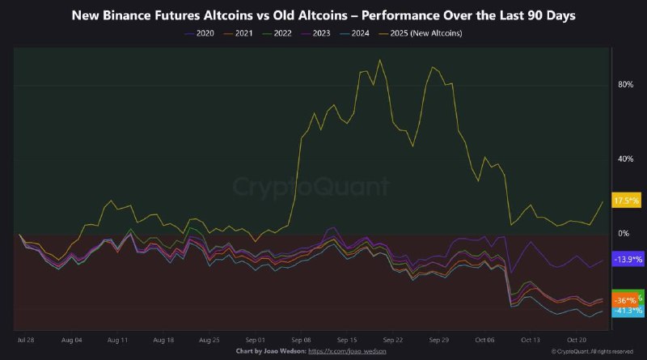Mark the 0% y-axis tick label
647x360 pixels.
[624, 234]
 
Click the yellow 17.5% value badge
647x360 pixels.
[628, 201]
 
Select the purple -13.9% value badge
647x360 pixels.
[628, 259]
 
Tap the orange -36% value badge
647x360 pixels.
[625, 300]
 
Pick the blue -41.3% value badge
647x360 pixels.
[628, 311]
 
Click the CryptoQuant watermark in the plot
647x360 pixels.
[311, 188]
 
